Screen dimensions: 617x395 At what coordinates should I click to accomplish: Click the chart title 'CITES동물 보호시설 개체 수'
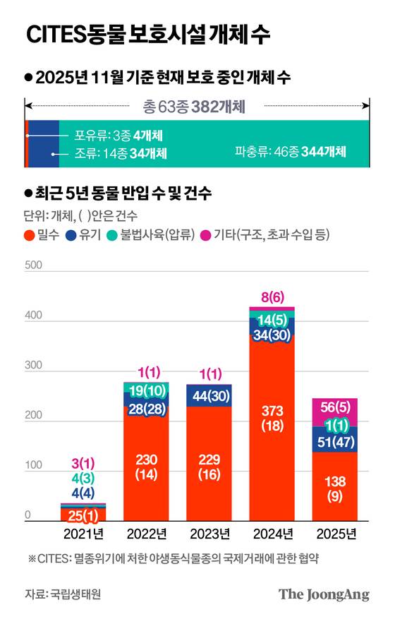pyautogui.click(x=147, y=36)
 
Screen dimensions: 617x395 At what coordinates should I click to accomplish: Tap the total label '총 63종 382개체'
pyautogui.click(x=193, y=107)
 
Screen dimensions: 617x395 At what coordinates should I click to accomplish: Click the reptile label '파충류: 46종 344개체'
pyautogui.click(x=291, y=152)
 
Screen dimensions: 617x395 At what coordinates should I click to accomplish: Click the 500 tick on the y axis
pyautogui.click(x=32, y=265)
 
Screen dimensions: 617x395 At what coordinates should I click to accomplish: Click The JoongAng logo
pyautogui.click(x=324, y=594)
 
